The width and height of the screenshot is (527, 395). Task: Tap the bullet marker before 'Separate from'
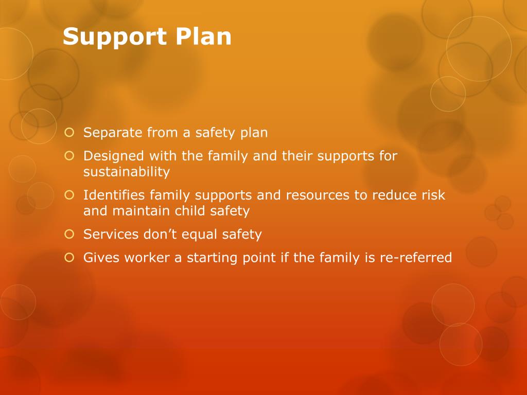click(69, 133)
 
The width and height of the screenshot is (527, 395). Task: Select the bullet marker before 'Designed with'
click(69, 155)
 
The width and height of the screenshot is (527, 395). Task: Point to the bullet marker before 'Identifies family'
click(69, 195)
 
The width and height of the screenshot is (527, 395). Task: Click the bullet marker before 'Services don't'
click(69, 235)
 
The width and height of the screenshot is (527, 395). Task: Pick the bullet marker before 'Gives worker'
click(69, 258)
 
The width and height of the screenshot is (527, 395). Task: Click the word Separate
click(113, 133)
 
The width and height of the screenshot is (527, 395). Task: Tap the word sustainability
click(127, 172)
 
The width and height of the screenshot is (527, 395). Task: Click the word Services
click(111, 235)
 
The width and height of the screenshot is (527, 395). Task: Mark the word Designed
click(113, 156)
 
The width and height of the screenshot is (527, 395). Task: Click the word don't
click(159, 235)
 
